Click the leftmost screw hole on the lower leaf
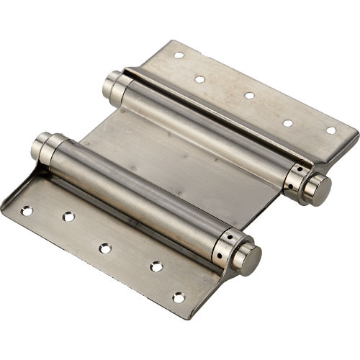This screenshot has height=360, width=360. pos(27,211)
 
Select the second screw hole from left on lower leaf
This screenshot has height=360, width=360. pos(68,216)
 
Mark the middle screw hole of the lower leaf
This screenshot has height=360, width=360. pos(105,248)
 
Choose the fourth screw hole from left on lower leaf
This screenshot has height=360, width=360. pos(156,266)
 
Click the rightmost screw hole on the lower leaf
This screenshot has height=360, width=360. pos(178,297)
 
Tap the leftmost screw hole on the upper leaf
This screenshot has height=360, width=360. pos(179,55)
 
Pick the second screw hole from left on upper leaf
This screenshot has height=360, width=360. pos(199,79)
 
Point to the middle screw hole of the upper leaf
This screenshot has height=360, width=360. pos(249,95)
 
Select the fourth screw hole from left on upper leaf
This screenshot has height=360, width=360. pos(287,122)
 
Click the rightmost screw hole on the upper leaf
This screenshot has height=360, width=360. pos(330,130)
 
